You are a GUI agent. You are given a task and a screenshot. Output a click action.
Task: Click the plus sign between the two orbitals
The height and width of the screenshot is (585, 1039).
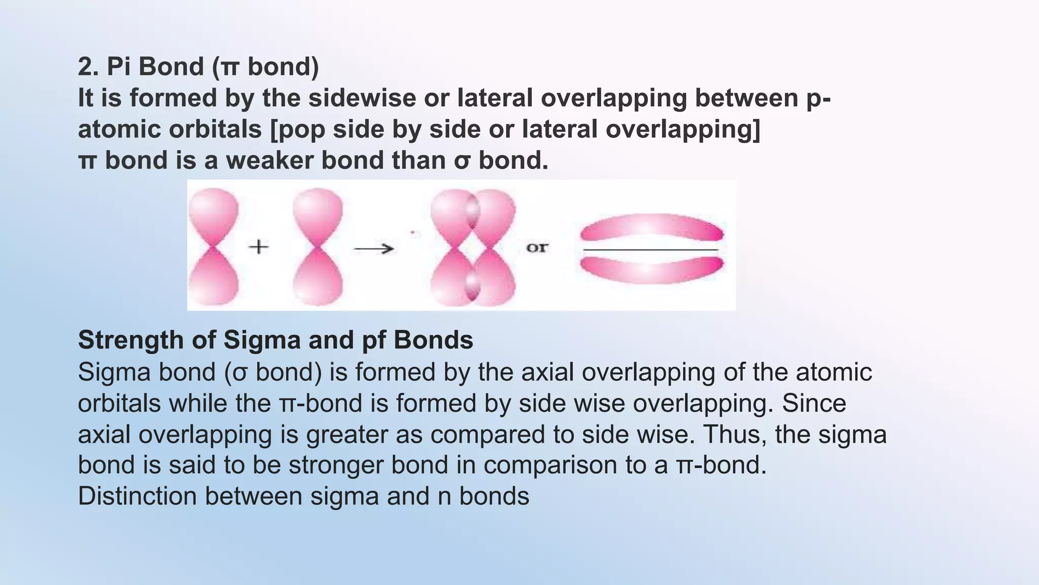259,247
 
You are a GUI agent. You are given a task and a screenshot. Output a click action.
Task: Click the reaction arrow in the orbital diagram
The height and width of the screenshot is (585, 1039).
374,248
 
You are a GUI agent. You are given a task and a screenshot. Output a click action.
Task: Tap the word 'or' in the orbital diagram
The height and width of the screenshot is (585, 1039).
537,248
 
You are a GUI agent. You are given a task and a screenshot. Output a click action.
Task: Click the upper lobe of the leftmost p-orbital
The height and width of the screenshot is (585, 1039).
214,213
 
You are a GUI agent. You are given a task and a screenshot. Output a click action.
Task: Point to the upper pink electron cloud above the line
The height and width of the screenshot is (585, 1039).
652,227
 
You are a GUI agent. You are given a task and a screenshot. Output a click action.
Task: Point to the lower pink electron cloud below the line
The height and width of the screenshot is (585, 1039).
652,270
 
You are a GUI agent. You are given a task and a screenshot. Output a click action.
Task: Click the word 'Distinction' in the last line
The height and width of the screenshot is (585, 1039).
137,496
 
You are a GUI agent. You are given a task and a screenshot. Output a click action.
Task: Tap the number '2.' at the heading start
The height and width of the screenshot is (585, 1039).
88,67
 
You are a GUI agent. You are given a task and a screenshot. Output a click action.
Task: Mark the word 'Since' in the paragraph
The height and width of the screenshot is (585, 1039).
814,404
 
